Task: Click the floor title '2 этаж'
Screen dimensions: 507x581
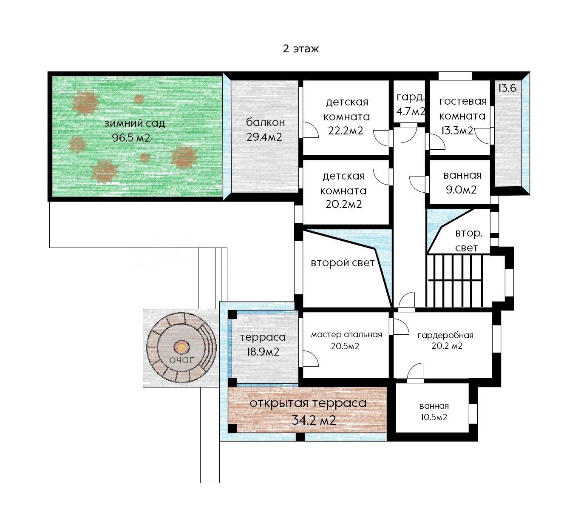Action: pos(300,49)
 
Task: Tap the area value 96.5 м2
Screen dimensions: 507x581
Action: pos(131,138)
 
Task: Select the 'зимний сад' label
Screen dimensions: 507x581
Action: pos(135,124)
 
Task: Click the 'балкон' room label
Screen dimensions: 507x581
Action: pos(265,122)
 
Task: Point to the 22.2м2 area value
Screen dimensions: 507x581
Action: pos(346,131)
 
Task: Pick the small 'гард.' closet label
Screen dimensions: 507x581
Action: pos(410,97)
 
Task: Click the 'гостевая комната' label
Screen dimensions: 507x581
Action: pos(462,108)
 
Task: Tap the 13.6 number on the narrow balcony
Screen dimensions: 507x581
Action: pos(507,88)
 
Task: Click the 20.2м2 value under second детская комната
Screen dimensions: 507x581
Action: pos(343,204)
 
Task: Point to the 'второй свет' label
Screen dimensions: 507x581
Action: pos(343,263)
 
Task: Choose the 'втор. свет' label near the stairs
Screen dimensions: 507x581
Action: pos(468,240)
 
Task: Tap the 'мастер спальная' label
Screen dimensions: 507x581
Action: pos(346,335)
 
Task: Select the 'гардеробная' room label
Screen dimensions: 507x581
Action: pos(445,335)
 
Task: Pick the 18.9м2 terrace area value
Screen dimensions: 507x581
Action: pos(263,352)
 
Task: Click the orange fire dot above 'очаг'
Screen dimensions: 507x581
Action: pos(181,347)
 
